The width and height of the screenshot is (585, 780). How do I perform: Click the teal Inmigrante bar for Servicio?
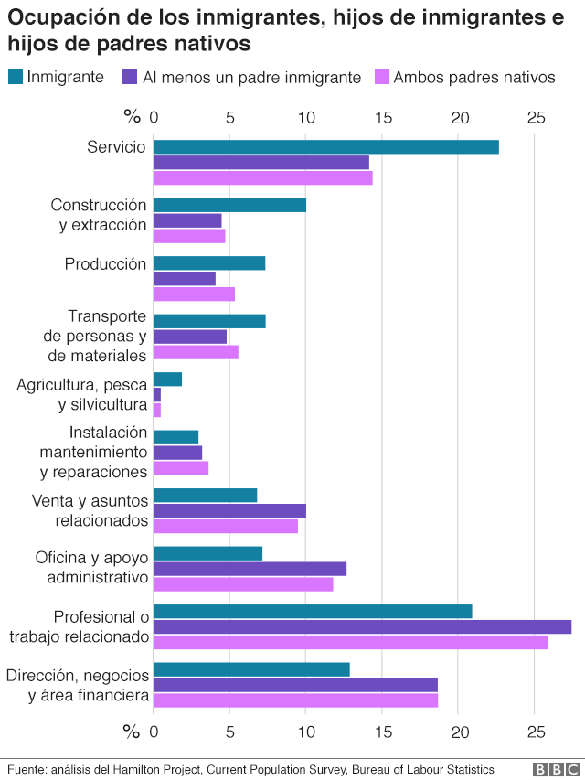pyautogui.click(x=325, y=147)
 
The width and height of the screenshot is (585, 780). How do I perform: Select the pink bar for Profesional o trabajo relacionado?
pyautogui.click(x=350, y=642)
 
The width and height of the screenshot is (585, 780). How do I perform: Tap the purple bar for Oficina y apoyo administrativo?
pyautogui.click(x=250, y=569)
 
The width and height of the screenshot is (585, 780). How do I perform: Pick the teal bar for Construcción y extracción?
pyautogui.click(x=229, y=205)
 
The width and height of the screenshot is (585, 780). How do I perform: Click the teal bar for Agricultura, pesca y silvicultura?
pyautogui.click(x=167, y=379)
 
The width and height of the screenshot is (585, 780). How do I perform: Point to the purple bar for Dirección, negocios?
pyautogui.click(x=295, y=685)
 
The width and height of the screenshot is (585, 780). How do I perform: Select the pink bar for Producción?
pyautogui.click(x=194, y=294)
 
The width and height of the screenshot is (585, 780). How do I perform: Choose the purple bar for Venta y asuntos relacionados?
pyautogui.click(x=229, y=510)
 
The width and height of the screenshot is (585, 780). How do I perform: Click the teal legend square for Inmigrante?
pyautogui.click(x=16, y=78)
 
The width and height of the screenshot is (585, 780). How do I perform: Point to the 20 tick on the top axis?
pyautogui.click(x=460, y=117)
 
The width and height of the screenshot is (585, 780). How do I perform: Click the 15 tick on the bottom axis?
pyautogui.click(x=383, y=732)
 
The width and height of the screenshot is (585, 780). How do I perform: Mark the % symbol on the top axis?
pyautogui.click(x=133, y=117)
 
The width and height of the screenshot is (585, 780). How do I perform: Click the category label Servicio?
pyautogui.click(x=116, y=147)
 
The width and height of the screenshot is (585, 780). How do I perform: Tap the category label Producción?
pyautogui.click(x=105, y=263)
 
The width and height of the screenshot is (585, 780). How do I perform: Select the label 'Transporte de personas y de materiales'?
pyautogui.click(x=94, y=336)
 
